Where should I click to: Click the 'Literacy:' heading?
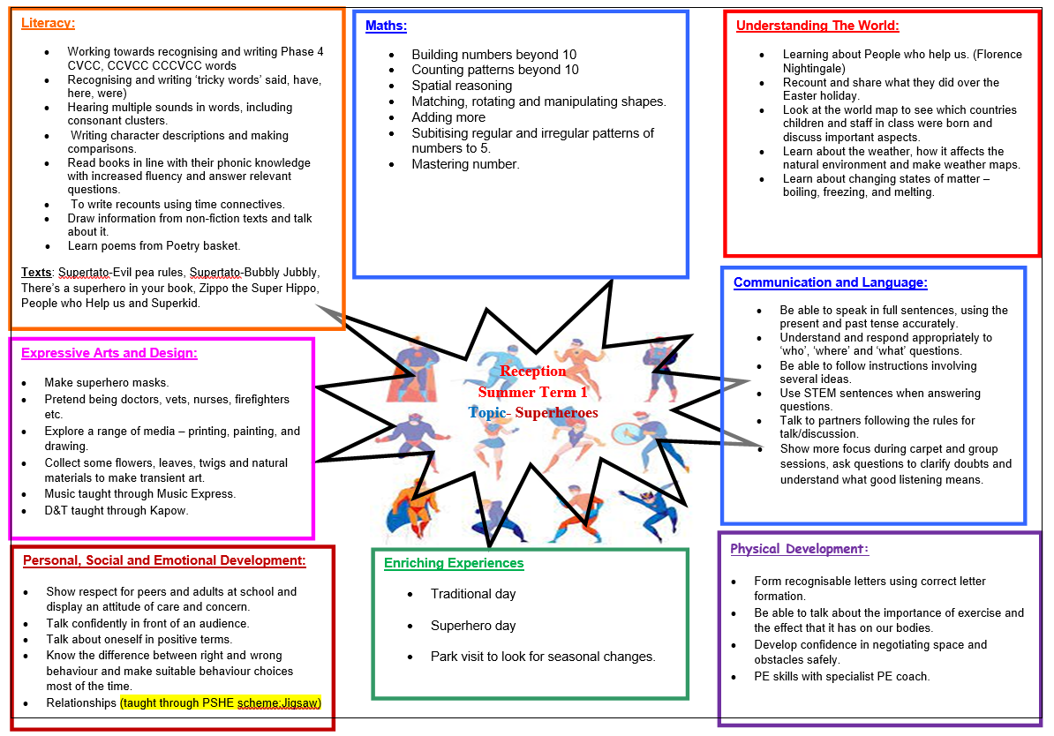click(48, 23)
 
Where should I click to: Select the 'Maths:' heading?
click(386, 26)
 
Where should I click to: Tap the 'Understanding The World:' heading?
click(817, 26)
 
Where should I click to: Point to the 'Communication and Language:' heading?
click(830, 282)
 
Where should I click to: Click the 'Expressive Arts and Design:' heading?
click(109, 353)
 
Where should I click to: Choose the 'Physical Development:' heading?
click(799, 549)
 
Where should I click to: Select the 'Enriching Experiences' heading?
click(454, 563)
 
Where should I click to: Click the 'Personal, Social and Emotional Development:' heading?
click(164, 560)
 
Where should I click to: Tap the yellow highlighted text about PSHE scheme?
click(221, 703)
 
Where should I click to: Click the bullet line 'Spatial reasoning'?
click(462, 86)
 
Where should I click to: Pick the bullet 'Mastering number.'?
click(465, 164)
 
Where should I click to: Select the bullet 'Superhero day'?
click(473, 626)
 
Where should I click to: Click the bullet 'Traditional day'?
click(473, 594)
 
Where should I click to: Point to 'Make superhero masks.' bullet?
click(107, 383)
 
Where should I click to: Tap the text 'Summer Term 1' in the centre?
click(532, 392)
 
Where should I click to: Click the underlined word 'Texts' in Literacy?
click(37, 272)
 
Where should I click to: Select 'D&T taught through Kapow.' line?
click(117, 510)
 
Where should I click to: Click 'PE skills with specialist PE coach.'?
click(841, 677)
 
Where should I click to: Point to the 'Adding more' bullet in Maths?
click(448, 117)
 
